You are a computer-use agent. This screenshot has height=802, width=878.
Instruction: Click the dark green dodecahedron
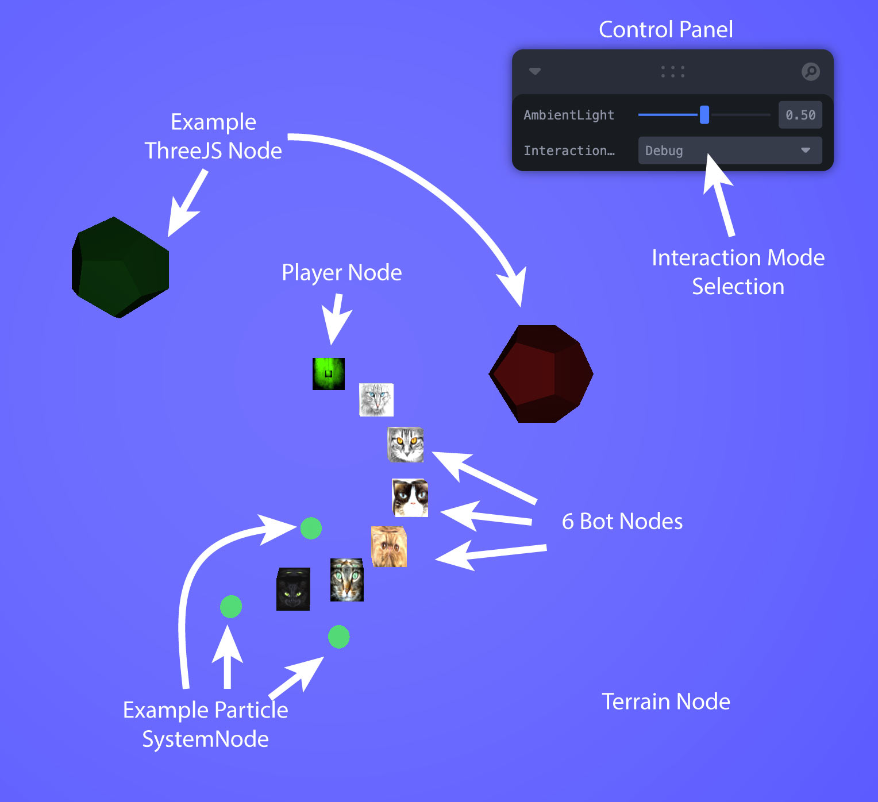(x=121, y=267)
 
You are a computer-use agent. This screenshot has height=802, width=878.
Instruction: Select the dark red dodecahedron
(x=541, y=374)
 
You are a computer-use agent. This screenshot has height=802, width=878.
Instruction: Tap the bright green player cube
(x=329, y=373)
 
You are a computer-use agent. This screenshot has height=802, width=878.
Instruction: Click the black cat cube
(x=293, y=589)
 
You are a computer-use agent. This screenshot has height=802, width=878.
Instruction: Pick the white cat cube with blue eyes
(x=376, y=399)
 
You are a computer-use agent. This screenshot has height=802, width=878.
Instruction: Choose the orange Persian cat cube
(x=389, y=546)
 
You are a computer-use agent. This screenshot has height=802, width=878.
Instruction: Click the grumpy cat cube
(x=410, y=498)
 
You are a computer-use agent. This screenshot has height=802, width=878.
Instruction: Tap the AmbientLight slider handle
(x=704, y=115)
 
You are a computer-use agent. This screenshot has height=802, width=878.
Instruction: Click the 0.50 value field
(x=800, y=115)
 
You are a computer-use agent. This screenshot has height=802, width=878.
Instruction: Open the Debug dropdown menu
(x=730, y=151)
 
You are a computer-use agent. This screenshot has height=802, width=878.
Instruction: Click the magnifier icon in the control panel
(x=810, y=72)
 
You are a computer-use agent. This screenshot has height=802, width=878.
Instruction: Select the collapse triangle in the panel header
(x=535, y=71)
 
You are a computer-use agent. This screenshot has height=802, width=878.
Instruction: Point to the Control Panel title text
(x=665, y=29)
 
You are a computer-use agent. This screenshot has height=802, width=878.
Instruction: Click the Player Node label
(x=341, y=272)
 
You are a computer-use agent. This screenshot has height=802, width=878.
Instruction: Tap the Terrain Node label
(x=665, y=701)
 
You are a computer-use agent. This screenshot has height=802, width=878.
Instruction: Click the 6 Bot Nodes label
(x=622, y=521)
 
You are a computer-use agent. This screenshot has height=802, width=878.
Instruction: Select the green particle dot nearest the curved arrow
(x=311, y=528)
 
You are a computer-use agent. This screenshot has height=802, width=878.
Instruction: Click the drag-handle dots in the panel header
(x=672, y=72)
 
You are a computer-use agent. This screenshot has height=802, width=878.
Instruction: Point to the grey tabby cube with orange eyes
(x=406, y=445)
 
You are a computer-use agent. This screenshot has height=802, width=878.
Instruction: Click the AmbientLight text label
(x=569, y=115)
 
